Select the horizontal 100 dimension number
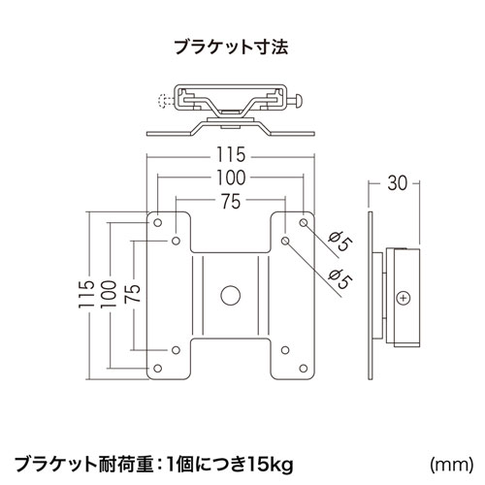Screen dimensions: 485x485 click(229, 178)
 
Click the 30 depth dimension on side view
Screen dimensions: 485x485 click(397, 179)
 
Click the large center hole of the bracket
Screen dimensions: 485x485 click(230, 293)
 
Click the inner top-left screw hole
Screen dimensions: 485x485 click(176, 239)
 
